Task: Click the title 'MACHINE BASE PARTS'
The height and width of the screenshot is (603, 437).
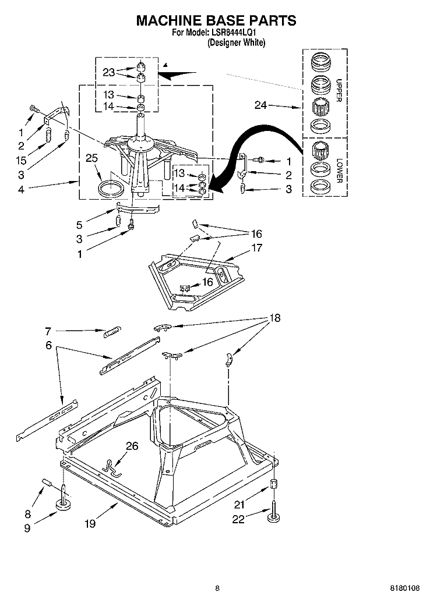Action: click(x=216, y=20)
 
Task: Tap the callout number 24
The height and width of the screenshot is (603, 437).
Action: click(x=262, y=105)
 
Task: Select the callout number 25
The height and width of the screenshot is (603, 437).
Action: click(x=91, y=158)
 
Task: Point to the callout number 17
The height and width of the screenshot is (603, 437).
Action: click(x=256, y=247)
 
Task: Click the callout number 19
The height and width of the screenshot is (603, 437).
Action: click(x=90, y=523)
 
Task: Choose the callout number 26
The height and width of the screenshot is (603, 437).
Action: click(x=132, y=447)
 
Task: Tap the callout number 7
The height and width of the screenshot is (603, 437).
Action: click(x=48, y=331)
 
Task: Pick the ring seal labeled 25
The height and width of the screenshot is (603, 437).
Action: click(x=111, y=188)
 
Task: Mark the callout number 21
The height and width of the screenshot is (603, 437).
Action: click(x=239, y=505)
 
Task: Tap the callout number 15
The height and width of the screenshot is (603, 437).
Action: click(x=22, y=160)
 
